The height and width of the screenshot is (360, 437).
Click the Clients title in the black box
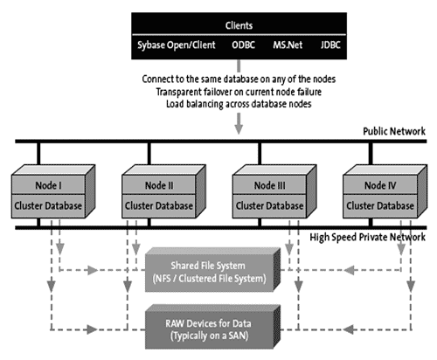(x=239, y=25)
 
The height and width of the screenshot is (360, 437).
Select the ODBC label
(x=243, y=45)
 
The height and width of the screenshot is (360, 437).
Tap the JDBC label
(x=330, y=45)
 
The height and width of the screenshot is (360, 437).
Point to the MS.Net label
(x=288, y=45)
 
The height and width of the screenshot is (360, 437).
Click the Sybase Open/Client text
(x=177, y=45)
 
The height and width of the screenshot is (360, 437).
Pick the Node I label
(x=48, y=185)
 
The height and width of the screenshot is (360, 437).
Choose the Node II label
(x=159, y=185)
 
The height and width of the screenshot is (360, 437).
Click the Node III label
(x=270, y=185)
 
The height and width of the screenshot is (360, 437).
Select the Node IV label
(x=380, y=185)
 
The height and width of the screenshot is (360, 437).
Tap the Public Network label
(x=394, y=131)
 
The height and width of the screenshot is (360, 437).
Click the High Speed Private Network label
(x=367, y=238)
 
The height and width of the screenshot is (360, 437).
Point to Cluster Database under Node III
(x=269, y=206)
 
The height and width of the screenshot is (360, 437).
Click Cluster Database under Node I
(x=48, y=206)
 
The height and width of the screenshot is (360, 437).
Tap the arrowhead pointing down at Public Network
(x=239, y=129)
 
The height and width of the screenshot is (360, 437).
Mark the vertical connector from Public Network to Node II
(x=149, y=154)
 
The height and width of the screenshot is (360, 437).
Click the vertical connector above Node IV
(x=371, y=154)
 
